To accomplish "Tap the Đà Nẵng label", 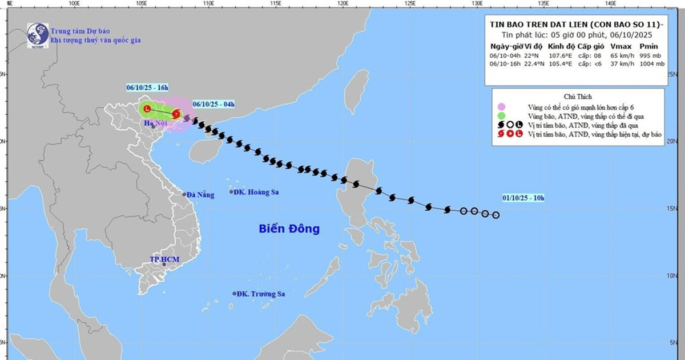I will (x=201, y=195).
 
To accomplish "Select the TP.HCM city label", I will (x=164, y=259).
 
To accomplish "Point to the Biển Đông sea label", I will (x=289, y=229).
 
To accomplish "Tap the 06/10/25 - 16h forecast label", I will (x=147, y=87).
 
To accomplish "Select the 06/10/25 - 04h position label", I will (x=213, y=104).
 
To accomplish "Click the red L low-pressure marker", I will (x=147, y=109).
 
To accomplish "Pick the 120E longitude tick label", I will (x=343, y=4).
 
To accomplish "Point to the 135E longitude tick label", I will (x=544, y=4).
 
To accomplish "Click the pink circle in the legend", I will (x=501, y=106).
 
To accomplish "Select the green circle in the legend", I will (x=501, y=116).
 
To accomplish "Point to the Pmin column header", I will (x=649, y=46).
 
